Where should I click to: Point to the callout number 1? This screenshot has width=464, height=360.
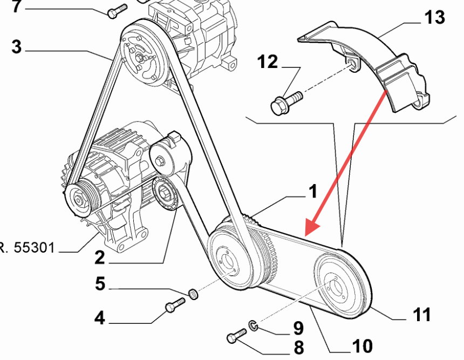312,192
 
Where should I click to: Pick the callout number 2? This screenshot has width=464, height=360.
99,257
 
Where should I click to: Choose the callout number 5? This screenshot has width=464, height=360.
100,284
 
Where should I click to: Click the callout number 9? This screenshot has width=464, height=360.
298,328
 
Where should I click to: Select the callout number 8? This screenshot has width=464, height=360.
298,347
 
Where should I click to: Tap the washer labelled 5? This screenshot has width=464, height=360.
193,295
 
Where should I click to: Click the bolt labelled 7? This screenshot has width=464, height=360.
117,10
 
